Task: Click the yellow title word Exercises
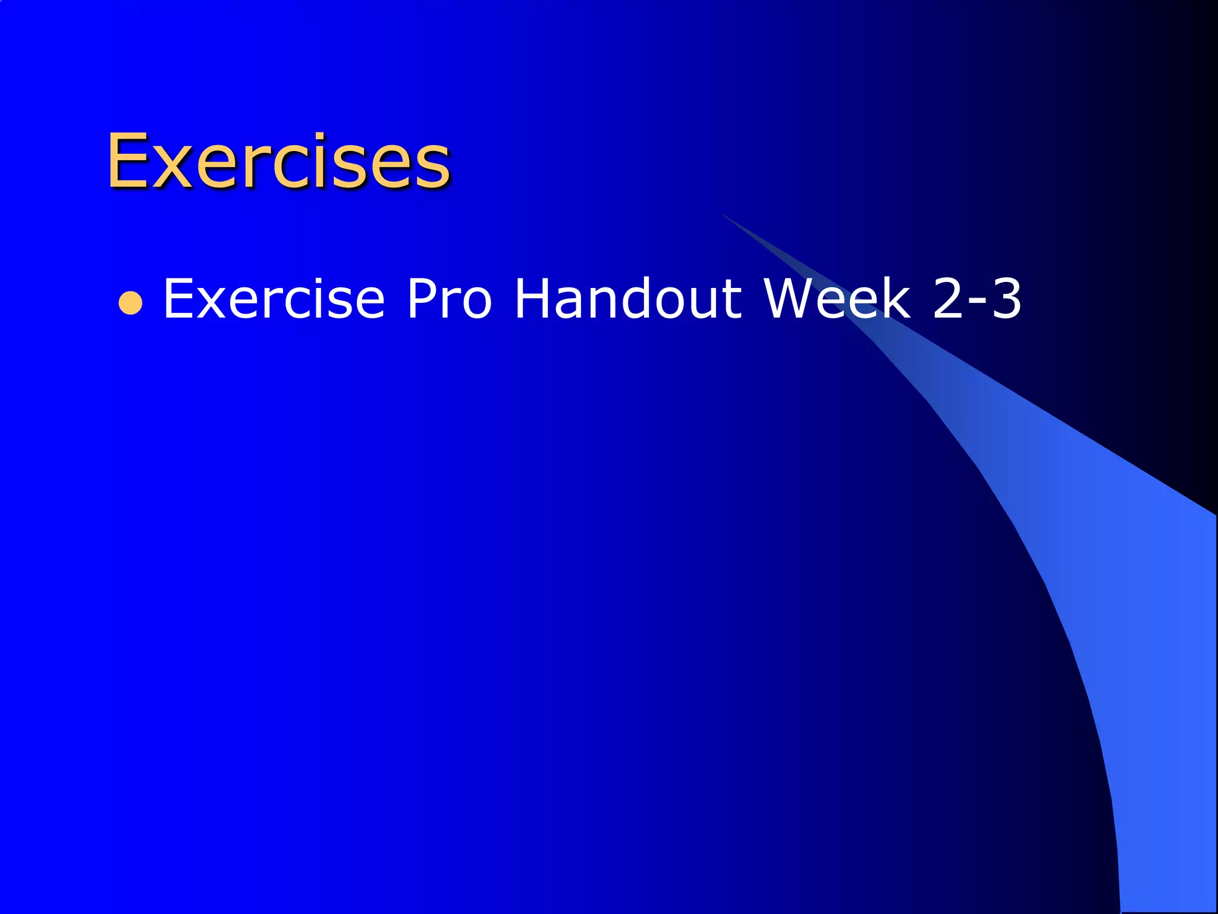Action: click(x=278, y=161)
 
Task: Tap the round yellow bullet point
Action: click(x=130, y=303)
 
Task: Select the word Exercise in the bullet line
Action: click(x=274, y=299)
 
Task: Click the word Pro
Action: click(x=449, y=299)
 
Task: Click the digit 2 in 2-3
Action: click(x=950, y=299)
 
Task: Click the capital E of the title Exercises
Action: click(x=127, y=161)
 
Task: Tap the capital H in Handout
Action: click(x=533, y=299)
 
